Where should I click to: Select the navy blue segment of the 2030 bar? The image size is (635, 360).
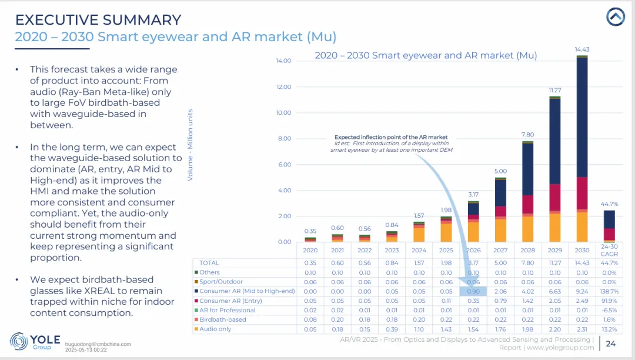click(581, 118)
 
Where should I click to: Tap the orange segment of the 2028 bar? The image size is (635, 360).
click(527, 229)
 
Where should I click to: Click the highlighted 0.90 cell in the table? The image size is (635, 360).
click(473, 291)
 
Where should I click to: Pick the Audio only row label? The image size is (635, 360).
click(215, 329)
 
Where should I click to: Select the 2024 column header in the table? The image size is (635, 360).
click(419, 250)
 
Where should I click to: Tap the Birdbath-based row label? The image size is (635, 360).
click(222, 319)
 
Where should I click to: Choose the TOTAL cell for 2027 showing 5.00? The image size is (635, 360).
click(500, 263)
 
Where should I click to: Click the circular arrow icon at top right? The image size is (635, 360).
click(616, 18)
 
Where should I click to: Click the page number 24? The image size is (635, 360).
click(611, 344)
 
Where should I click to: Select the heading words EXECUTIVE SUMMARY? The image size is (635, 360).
click(98, 19)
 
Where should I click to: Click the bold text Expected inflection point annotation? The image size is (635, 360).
click(390, 137)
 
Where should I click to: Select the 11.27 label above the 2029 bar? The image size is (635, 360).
click(554, 91)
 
